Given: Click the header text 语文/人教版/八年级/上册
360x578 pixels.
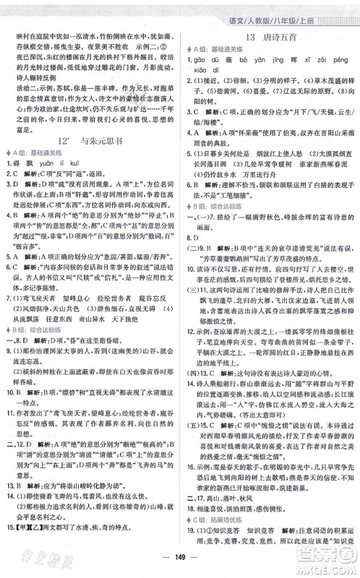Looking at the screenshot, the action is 307,9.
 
